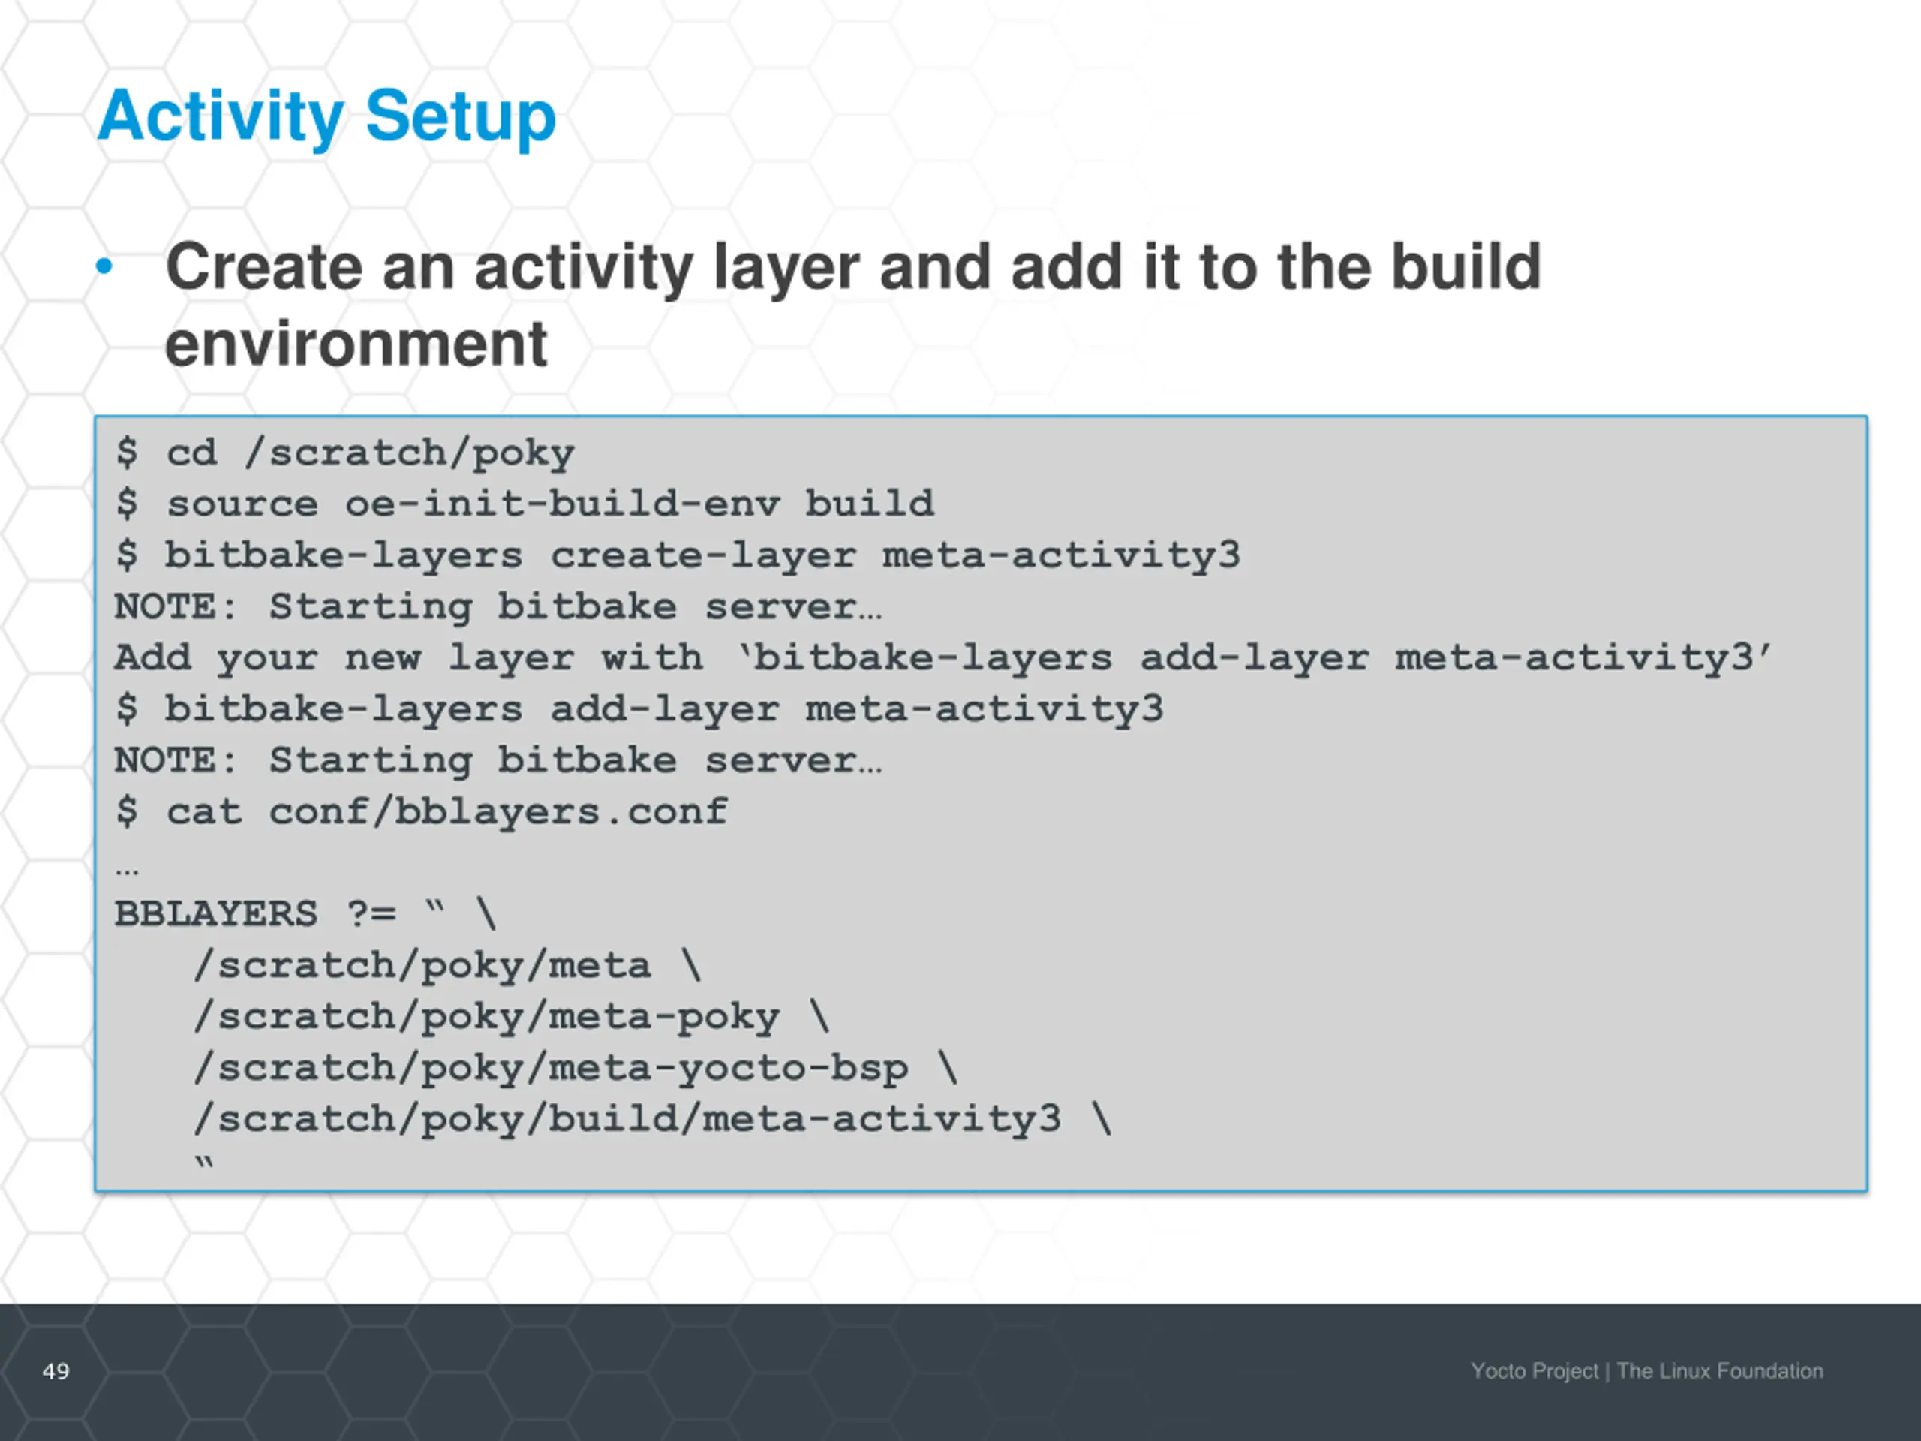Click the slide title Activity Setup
(326, 116)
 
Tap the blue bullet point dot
(104, 266)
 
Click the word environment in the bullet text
(356, 344)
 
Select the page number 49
(56, 1371)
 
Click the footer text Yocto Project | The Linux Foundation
(1646, 1371)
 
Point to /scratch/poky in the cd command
(409, 453)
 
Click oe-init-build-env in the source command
(562, 504)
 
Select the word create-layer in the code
(702, 556)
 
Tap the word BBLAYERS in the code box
(215, 915)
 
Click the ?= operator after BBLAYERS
(371, 915)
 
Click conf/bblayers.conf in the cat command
(498, 812)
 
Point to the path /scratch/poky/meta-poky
(486, 1017)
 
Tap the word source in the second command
(242, 504)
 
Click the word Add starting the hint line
(152, 658)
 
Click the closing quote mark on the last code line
(204, 1164)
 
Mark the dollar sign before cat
(127, 812)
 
